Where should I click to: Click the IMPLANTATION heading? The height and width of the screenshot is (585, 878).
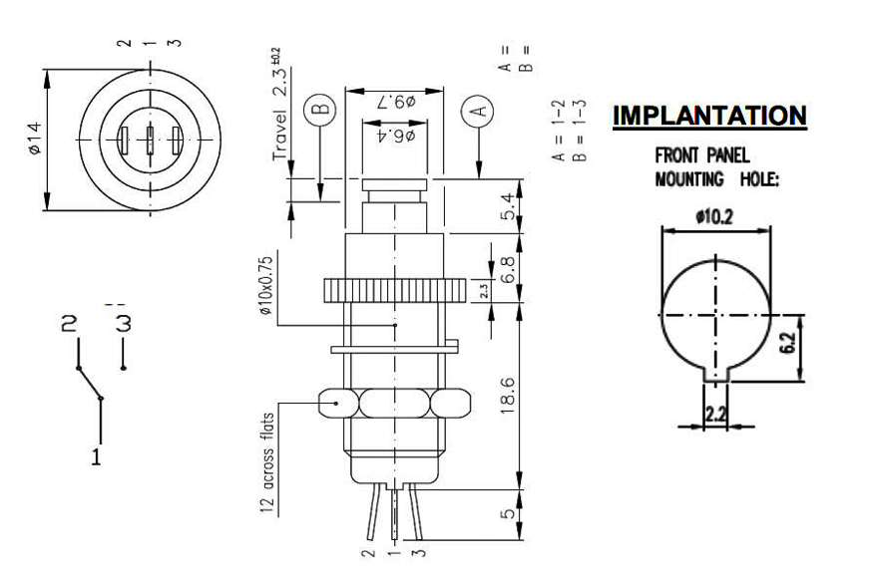(709, 116)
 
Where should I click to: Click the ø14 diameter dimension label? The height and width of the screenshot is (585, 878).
(33, 138)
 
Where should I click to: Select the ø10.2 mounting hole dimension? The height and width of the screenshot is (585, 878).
(714, 217)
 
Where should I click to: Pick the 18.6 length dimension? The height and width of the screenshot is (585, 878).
(508, 398)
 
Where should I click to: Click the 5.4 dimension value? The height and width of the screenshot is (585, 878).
(508, 207)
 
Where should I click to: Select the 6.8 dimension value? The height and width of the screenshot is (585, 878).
(508, 268)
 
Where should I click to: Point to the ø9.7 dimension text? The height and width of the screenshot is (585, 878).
(396, 102)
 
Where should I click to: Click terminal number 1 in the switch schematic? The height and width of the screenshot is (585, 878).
(97, 457)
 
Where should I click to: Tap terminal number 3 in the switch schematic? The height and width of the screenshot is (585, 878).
(124, 324)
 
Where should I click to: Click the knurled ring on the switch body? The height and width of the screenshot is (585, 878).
(395, 290)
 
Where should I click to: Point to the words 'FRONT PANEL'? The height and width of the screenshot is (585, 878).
(701, 155)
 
